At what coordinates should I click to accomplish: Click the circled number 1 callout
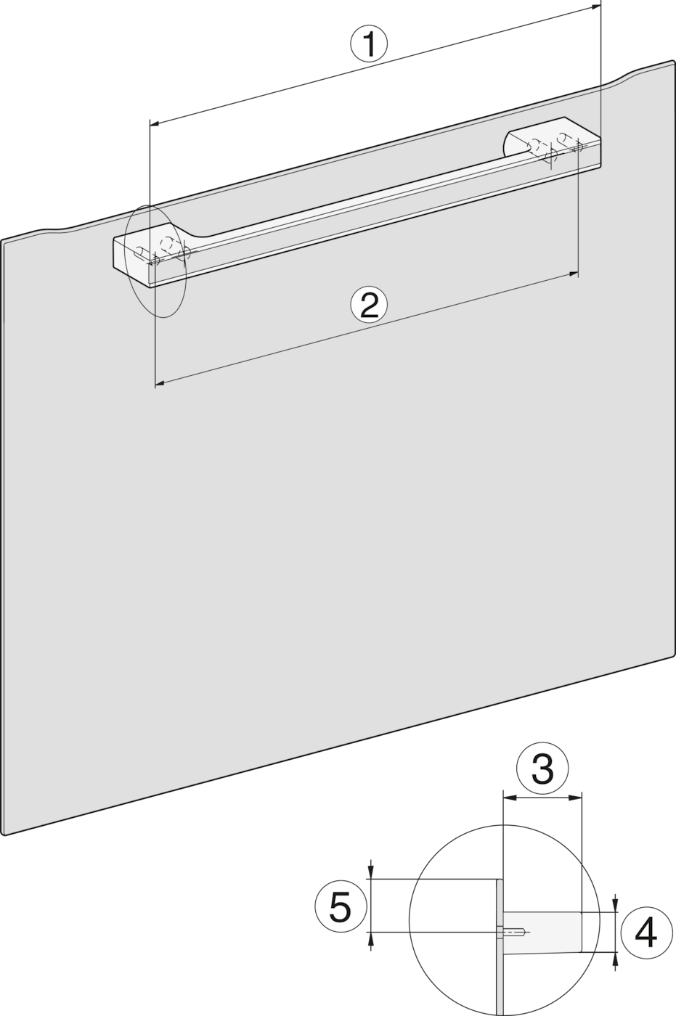coord(369,44)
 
